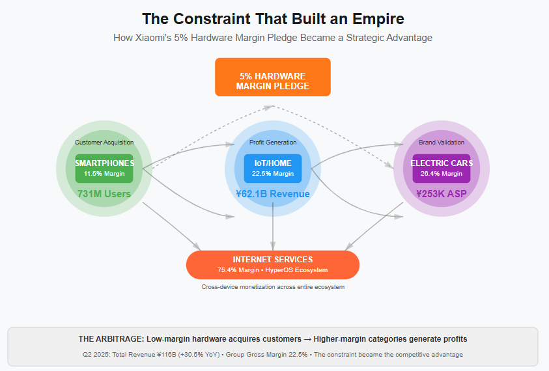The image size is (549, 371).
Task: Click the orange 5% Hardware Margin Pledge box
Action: tap(272, 77)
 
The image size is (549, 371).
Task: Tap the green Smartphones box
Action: tap(104, 168)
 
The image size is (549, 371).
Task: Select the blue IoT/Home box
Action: tap(272, 168)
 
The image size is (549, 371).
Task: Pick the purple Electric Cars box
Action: tap(442, 168)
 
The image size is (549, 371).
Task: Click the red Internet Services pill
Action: tap(272, 264)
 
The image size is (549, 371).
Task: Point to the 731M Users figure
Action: tap(104, 194)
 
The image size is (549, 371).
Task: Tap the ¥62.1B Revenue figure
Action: tap(272, 194)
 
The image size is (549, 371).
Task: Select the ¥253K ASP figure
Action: tap(442, 194)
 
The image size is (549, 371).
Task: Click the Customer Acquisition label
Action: tap(104, 143)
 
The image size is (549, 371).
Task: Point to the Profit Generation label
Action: tap(272, 143)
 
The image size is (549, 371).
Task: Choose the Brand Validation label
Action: tap(442, 143)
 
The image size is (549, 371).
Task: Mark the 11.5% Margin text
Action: tap(104, 174)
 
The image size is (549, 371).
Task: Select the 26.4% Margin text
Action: tap(442, 174)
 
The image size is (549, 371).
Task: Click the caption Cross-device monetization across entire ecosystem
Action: tap(272, 287)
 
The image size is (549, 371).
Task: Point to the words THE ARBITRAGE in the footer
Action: tap(111, 339)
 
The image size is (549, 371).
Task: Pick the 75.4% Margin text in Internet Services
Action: tap(238, 270)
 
